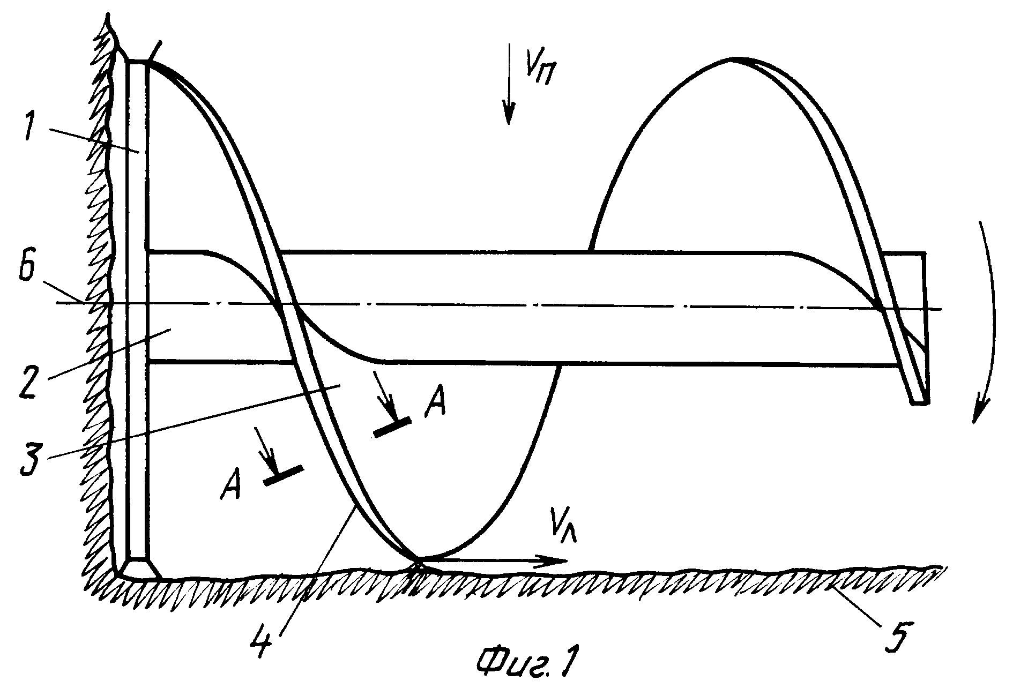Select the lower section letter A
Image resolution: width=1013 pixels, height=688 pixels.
(232, 485)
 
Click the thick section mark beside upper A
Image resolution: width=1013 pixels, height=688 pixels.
(392, 427)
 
